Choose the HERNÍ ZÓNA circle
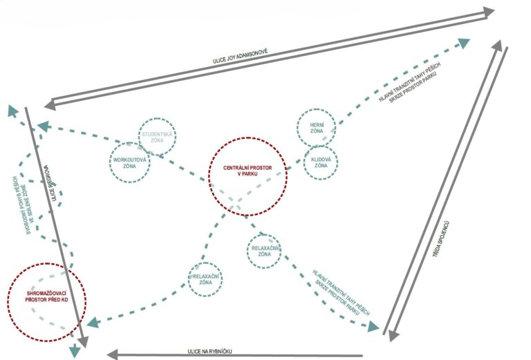point(317,126)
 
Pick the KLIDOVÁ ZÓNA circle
point(321,163)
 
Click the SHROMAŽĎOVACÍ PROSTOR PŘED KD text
point(46,298)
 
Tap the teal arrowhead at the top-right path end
point(463,43)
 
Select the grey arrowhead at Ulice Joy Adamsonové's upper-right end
point(488,12)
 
